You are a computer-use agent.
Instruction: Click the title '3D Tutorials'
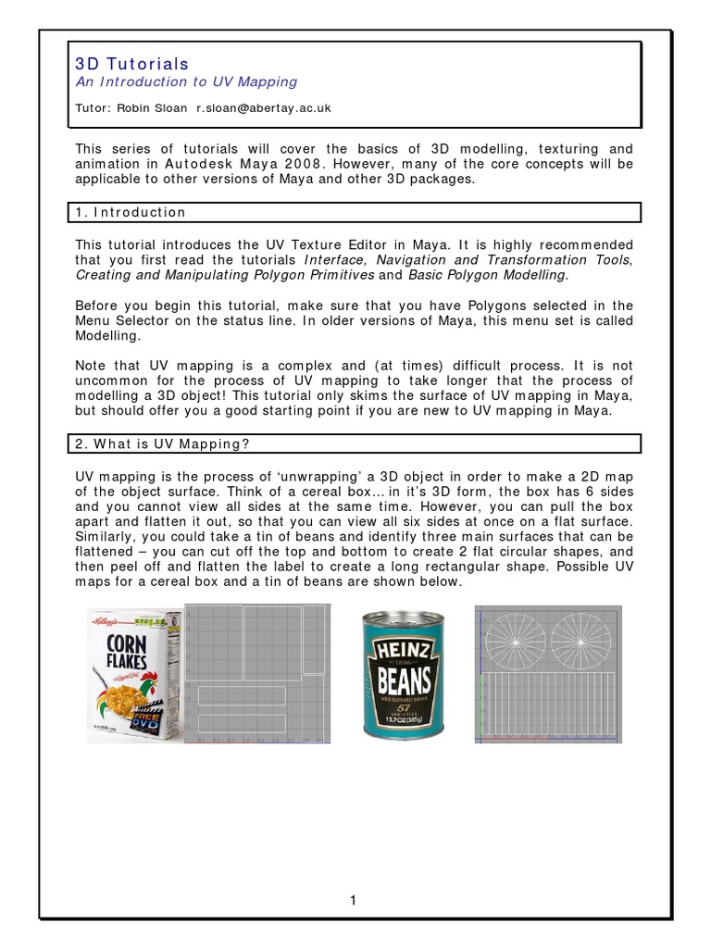coord(131,64)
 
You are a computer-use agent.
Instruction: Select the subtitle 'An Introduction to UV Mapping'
coord(186,81)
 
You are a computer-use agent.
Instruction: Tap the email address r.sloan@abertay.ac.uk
coord(264,108)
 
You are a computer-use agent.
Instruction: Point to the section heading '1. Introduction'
coord(131,212)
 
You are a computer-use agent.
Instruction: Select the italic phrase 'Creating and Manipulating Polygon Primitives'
coord(225,275)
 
